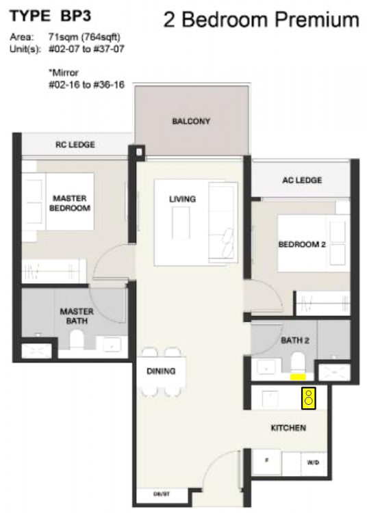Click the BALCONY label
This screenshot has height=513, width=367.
[191, 122]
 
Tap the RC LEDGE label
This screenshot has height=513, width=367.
[75, 145]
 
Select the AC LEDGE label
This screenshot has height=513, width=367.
[302, 181]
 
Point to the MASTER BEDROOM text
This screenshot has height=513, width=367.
[69, 203]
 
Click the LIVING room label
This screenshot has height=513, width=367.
[183, 200]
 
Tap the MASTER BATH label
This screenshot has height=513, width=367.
[76, 316]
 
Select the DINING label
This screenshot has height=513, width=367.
[162, 371]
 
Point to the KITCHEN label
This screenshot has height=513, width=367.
[288, 428]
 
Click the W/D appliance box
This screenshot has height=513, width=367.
[313, 463]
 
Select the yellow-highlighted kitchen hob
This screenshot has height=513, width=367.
[309, 397]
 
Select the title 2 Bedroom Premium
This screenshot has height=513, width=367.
[261, 20]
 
